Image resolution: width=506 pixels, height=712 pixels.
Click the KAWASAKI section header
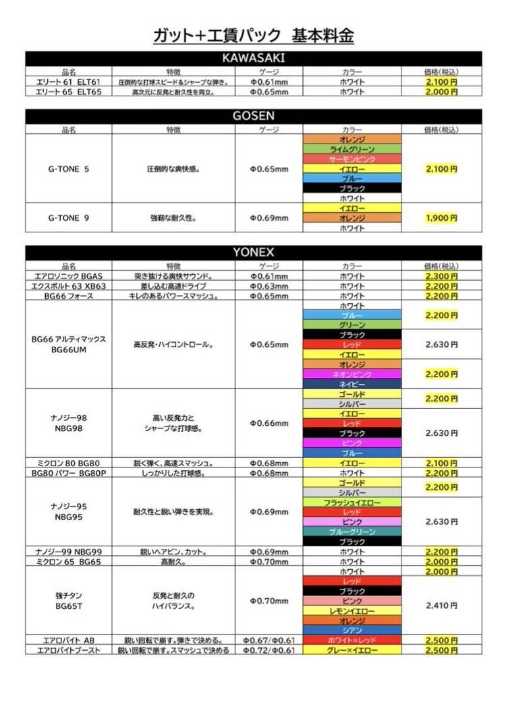(253, 58)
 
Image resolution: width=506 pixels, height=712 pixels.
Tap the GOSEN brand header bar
(253, 116)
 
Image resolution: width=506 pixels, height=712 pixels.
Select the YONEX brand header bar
(253, 252)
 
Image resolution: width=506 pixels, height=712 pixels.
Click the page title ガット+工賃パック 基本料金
(254, 35)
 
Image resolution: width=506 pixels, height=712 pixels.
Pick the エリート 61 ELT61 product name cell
(68, 82)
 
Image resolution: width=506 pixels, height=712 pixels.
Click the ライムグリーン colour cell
(352, 149)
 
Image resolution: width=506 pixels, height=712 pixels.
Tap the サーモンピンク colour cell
(352, 159)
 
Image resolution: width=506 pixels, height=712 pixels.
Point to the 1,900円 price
(442, 218)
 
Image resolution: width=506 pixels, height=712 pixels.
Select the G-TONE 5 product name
(68, 169)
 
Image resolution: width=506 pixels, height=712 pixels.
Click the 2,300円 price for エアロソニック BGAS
(442, 276)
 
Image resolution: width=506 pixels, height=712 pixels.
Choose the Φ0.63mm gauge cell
(269, 286)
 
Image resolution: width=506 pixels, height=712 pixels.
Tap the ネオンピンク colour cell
(352, 374)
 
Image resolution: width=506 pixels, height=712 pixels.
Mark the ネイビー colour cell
(352, 383)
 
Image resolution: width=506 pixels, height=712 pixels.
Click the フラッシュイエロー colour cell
(352, 503)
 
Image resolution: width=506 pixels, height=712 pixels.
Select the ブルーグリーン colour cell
(352, 532)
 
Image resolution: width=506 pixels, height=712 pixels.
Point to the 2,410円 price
(442, 606)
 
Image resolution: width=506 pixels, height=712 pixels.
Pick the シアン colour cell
(352, 630)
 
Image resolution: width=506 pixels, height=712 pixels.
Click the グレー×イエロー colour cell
(352, 650)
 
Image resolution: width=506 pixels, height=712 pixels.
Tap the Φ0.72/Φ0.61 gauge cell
(269, 650)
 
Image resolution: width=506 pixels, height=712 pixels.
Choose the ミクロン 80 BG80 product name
(68, 463)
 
